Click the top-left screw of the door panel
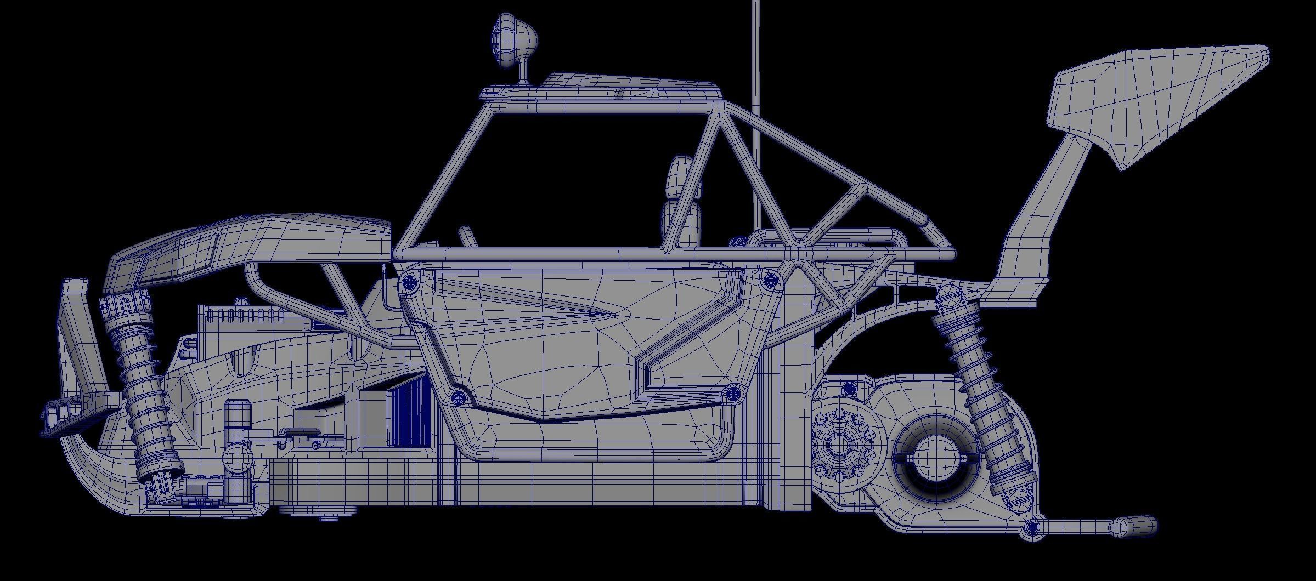(x=409, y=282)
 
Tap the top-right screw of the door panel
(x=771, y=279)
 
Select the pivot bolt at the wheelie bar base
(x=1032, y=531)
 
